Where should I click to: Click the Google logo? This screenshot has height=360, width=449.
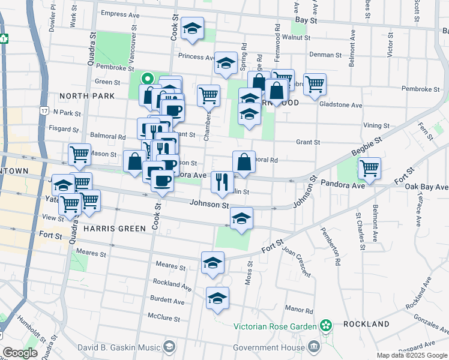pyautogui.click(x=20, y=353)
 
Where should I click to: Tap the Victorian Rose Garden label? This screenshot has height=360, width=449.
pyautogui.click(x=275, y=326)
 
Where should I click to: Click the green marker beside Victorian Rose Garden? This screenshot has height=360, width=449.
pyautogui.click(x=326, y=326)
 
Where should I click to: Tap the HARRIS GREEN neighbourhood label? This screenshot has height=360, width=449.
pyautogui.click(x=115, y=229)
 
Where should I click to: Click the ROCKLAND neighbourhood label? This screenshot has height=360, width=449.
pyautogui.click(x=367, y=323)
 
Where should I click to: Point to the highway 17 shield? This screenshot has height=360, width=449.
pyautogui.click(x=44, y=111)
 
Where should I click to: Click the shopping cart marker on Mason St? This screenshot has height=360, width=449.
pyautogui.click(x=79, y=154)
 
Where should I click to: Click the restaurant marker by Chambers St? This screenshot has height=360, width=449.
pyautogui.click(x=222, y=180)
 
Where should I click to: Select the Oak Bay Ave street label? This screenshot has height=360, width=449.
pyautogui.click(x=426, y=187)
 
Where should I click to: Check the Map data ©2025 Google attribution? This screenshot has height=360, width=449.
pyautogui.click(x=411, y=355)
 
